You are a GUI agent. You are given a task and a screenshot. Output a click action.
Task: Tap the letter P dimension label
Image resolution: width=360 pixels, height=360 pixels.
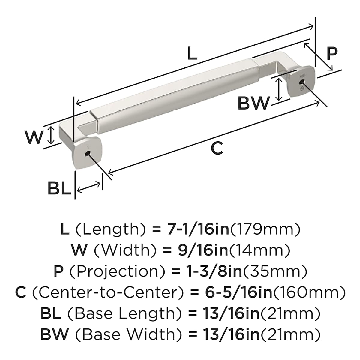click(x=332, y=53)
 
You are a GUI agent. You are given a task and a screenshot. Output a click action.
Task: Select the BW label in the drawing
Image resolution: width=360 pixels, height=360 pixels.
click(x=253, y=103)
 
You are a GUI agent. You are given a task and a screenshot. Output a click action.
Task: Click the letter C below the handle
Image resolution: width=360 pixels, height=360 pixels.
click(x=217, y=148)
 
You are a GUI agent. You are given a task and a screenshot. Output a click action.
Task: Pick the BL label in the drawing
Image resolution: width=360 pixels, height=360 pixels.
click(x=59, y=189)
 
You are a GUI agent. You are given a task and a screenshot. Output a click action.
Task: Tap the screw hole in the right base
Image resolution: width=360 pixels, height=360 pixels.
click(x=301, y=82)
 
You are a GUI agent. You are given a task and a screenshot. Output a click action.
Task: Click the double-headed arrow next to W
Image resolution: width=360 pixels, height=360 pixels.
click(x=52, y=135)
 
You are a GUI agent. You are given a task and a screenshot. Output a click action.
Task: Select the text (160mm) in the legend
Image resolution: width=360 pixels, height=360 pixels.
click(x=309, y=292)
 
